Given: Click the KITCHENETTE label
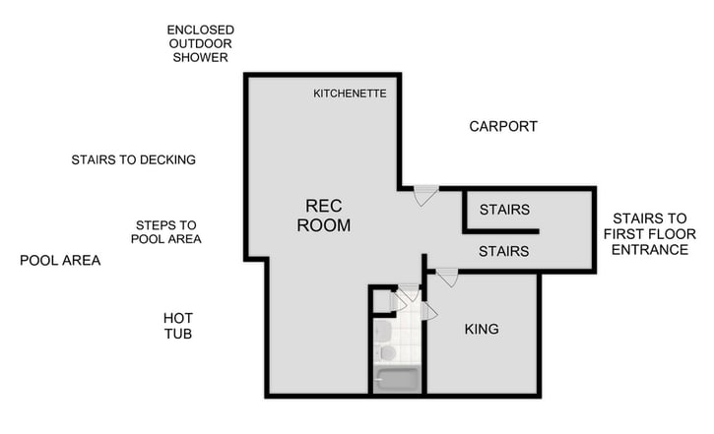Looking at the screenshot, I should point(350,93).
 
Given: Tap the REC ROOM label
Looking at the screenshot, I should point(328,216).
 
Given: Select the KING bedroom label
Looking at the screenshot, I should point(482,329).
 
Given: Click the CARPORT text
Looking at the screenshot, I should point(502,127).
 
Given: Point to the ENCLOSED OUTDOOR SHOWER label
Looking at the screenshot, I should point(201,44).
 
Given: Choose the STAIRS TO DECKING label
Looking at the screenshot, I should point(133,159).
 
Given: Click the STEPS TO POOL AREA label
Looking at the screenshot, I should point(167,231).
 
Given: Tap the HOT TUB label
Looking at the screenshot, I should point(178,326).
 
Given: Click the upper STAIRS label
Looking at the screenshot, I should point(504,210).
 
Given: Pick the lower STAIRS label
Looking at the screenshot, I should point(503,252).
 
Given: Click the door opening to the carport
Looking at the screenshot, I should point(424,195).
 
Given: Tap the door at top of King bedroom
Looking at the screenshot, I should point(447,278).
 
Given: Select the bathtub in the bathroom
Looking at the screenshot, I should point(398,378).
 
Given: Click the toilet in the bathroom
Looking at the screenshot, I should point(387,351).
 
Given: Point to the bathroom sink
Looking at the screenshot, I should point(384,329).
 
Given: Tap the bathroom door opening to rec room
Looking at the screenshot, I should point(409,291).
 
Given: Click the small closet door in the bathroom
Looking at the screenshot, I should point(396,301).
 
